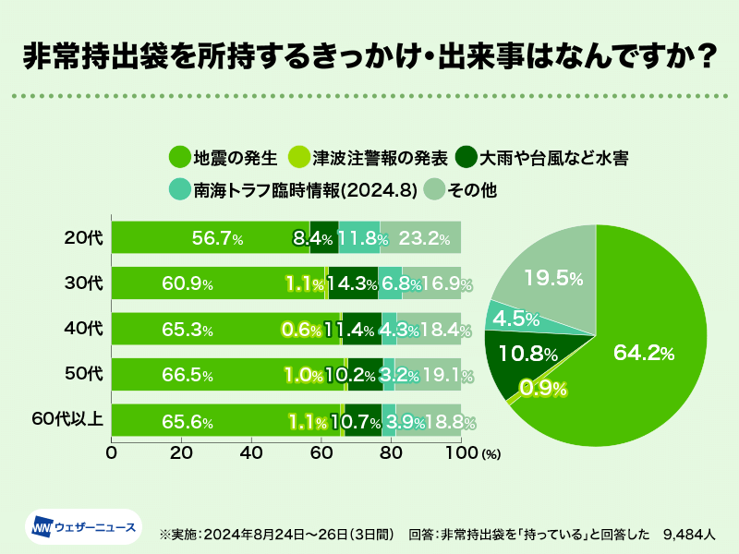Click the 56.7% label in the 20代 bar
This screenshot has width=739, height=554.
217,239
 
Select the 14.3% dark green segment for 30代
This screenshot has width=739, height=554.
353,283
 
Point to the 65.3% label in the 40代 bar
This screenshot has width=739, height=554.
188,330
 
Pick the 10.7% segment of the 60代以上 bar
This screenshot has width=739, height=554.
362,422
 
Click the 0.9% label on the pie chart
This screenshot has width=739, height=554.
543,388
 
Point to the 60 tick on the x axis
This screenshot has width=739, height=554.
321,454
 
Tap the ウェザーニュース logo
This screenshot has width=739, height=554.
83,528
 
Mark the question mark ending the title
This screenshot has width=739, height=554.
706,56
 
